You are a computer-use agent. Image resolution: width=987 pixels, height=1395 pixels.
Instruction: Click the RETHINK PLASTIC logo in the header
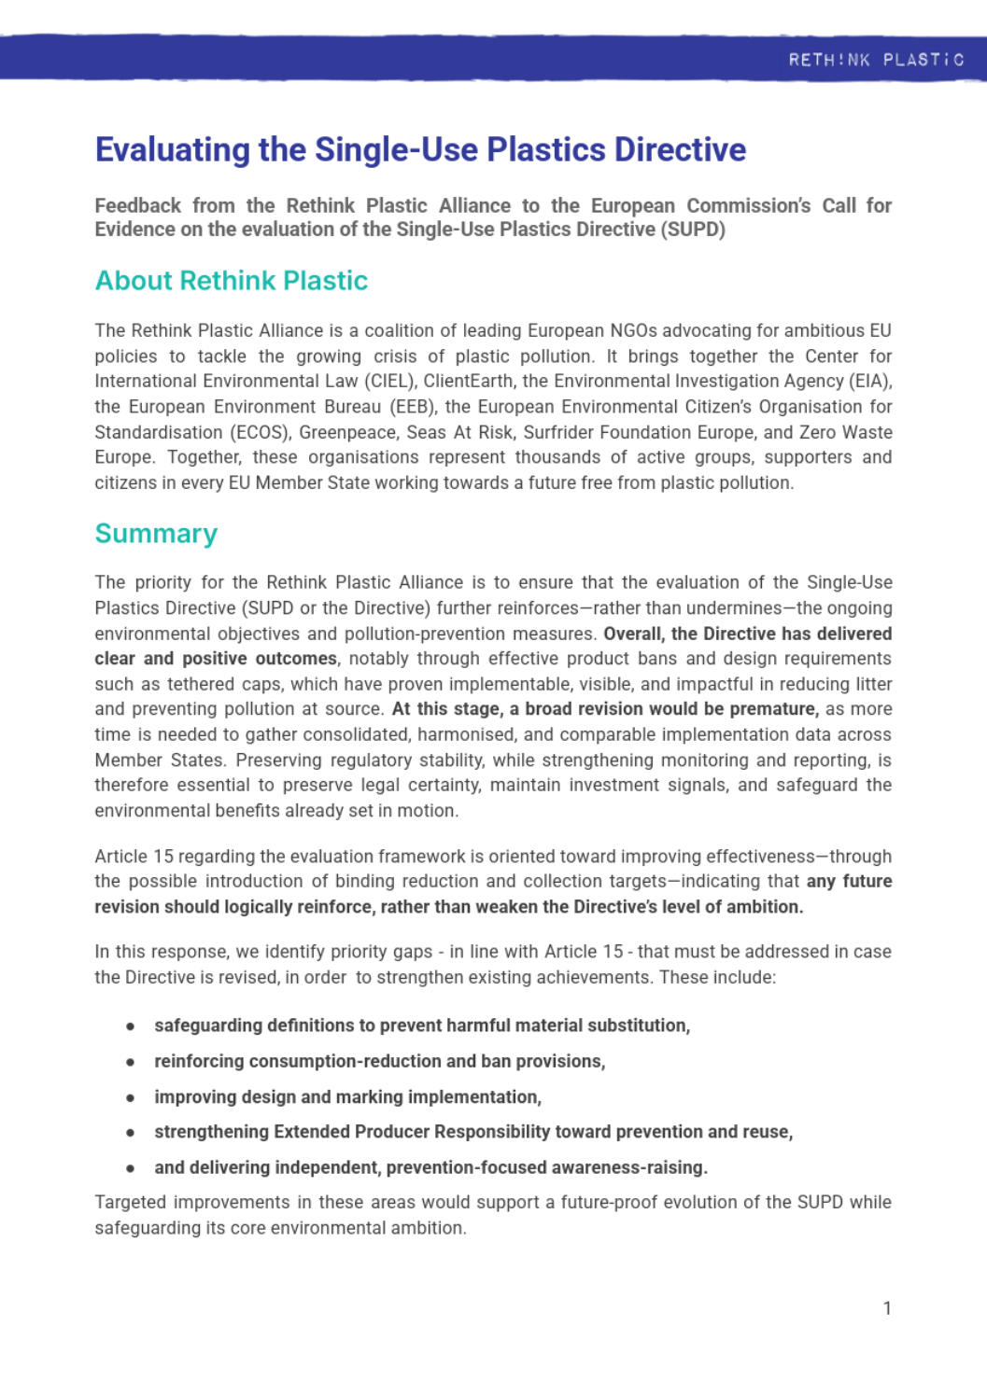(x=875, y=60)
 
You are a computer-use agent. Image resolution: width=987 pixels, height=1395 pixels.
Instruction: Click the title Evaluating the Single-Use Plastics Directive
(x=420, y=149)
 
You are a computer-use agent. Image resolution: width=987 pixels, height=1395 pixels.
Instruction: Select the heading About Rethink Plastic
(x=232, y=281)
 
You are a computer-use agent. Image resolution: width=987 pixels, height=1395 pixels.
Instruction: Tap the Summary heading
(x=156, y=534)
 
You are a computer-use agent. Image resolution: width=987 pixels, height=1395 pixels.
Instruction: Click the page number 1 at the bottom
(x=886, y=1308)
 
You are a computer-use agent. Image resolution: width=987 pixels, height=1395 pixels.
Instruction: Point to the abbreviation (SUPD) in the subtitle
(x=693, y=230)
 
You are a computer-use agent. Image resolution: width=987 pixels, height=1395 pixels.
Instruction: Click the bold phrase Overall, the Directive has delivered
(x=747, y=634)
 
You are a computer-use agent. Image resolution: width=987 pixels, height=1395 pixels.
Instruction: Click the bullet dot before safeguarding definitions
(x=131, y=1026)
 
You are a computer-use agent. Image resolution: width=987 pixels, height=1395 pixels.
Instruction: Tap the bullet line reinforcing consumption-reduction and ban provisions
(x=379, y=1062)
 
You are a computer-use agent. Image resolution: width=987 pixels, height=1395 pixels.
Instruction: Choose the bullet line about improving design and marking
(x=347, y=1097)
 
